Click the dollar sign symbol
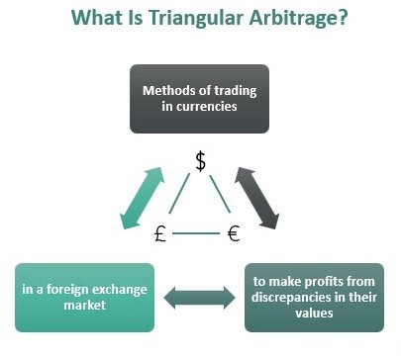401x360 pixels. click(200, 161)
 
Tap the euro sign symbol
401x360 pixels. click(235, 234)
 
